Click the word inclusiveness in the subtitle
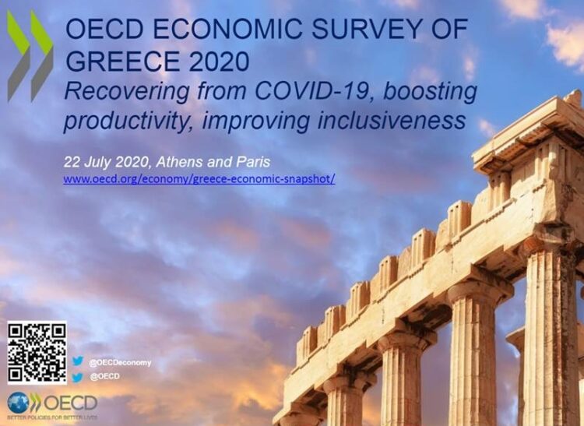[x=392, y=120]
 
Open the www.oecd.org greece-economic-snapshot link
[x=199, y=179]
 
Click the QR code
[x=37, y=352]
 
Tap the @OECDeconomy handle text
[x=120, y=362]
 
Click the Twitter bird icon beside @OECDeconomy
[x=77, y=361]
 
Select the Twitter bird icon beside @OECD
[x=77, y=377]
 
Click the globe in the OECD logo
[x=18, y=403]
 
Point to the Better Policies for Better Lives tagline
[x=52, y=417]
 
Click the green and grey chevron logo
[x=30, y=55]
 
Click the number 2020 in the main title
[x=219, y=61]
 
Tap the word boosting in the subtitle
[x=430, y=92]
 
